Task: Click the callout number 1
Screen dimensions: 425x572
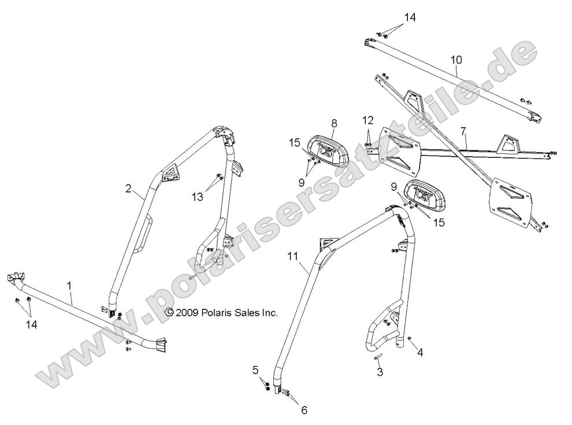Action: [69, 286]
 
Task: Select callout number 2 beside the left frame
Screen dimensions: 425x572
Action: [128, 188]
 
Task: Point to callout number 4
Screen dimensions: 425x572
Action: [420, 352]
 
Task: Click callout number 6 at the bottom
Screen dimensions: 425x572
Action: [304, 410]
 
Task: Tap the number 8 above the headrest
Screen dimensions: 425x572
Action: [334, 123]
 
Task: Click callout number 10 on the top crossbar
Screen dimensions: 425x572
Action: [456, 60]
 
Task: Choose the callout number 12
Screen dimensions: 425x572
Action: [368, 120]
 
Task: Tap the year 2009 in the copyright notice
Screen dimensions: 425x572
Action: [188, 312]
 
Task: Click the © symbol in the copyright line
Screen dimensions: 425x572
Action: [170, 312]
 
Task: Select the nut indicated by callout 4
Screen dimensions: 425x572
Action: [409, 338]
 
